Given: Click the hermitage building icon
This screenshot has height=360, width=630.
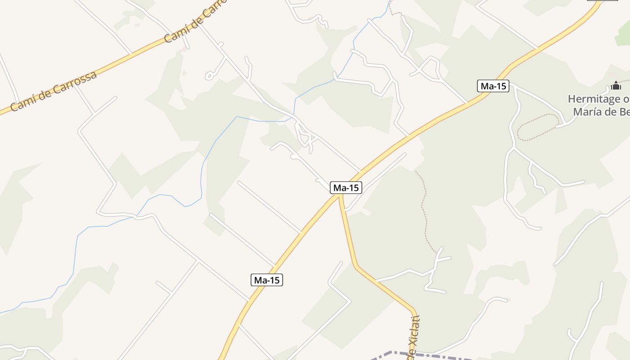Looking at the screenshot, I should tap(616, 85).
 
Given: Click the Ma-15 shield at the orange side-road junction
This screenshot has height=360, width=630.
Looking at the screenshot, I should tap(346, 188).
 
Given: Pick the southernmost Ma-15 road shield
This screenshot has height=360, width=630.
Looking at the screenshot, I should tap(267, 280).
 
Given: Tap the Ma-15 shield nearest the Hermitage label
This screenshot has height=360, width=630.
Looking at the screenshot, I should tap(493, 86).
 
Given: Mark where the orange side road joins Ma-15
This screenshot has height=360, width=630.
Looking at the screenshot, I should tap(341, 198).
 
